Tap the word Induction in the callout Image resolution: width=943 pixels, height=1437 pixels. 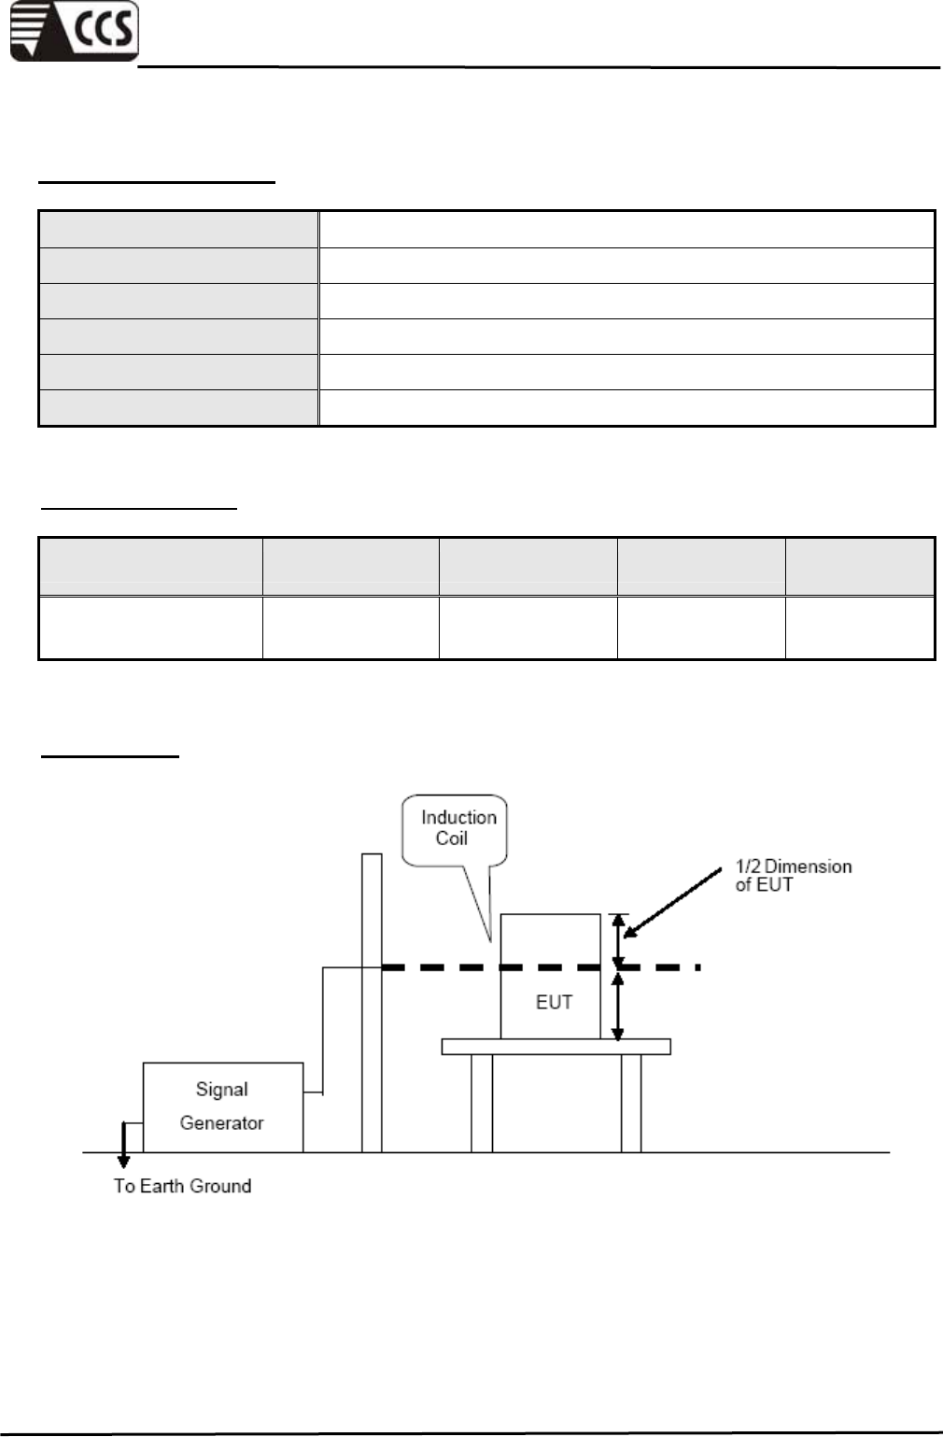(x=458, y=817)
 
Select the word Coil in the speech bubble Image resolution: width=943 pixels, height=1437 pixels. (x=451, y=838)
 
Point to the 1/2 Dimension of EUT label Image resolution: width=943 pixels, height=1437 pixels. (x=793, y=876)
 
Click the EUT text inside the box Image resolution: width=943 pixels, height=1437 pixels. (x=554, y=1002)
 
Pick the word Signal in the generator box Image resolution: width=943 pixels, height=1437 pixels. (x=221, y=1089)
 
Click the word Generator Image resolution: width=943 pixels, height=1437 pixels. (x=221, y=1122)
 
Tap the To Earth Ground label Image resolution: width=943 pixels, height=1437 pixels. (x=182, y=1186)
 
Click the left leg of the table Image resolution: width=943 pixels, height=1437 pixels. (x=481, y=1103)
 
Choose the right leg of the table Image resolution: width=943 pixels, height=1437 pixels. (x=631, y=1103)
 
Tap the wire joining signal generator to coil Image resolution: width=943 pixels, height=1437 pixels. (x=323, y=1027)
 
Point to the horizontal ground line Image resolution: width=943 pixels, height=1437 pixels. (x=747, y=1153)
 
